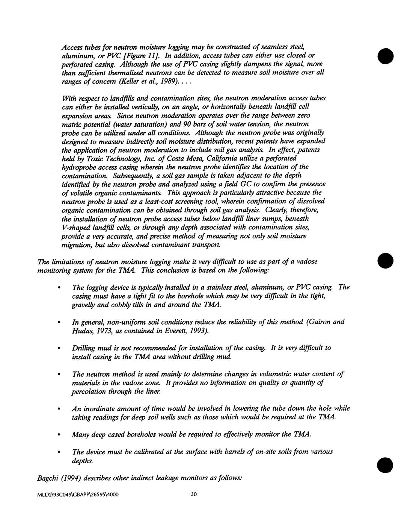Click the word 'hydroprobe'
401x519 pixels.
point(78,167)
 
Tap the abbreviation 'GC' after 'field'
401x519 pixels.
point(245,184)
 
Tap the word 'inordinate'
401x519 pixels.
point(101,408)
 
